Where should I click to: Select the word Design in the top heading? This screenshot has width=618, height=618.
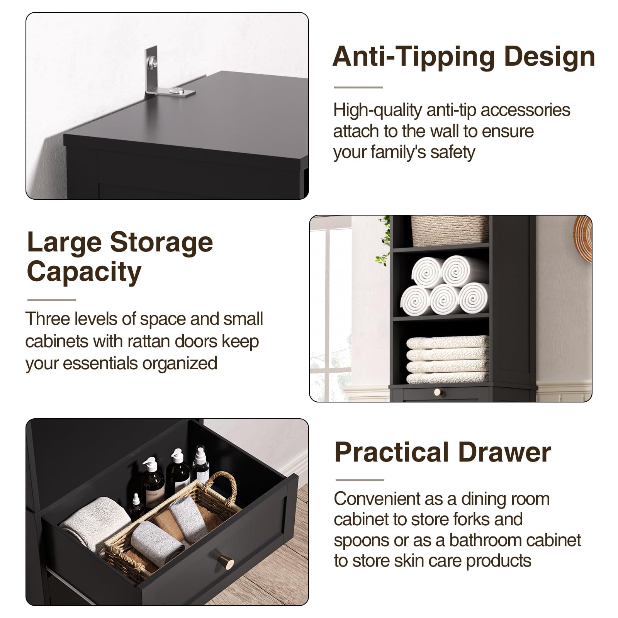point(550,57)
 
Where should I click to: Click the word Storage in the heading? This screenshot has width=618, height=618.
point(161,242)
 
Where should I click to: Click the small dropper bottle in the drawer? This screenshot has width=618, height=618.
point(136,506)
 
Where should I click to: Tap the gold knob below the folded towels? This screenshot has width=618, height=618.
point(437,392)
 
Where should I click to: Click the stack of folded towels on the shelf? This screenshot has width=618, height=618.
point(447,360)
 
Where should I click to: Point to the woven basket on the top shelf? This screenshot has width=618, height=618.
point(450,231)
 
